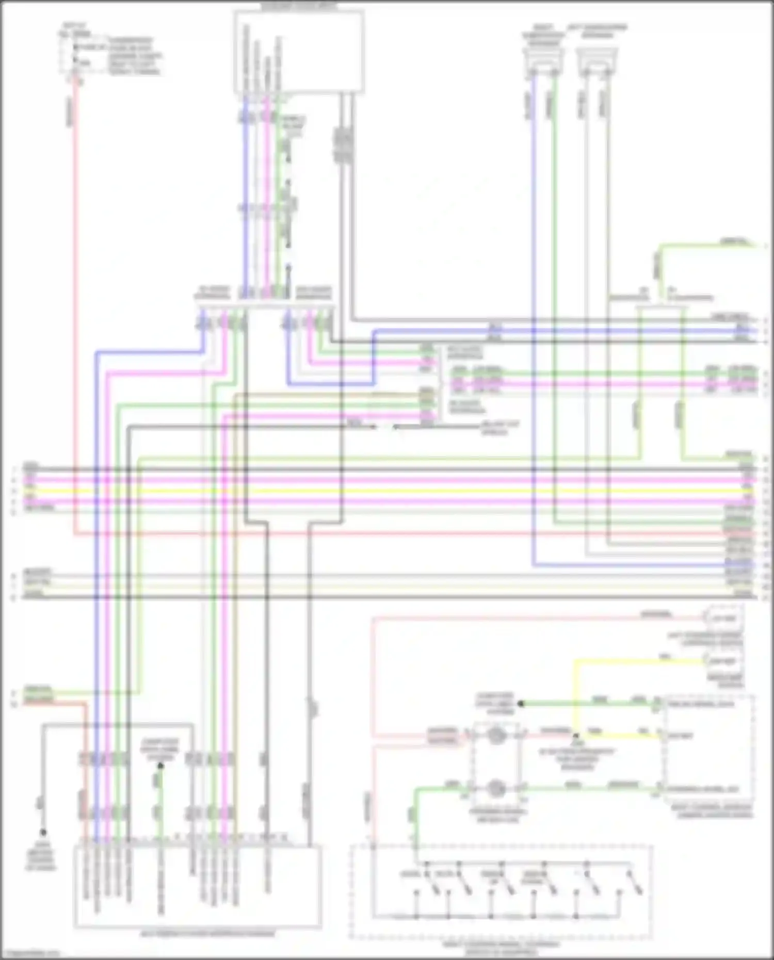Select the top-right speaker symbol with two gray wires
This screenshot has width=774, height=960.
(598, 62)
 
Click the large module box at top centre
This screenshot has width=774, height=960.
(299, 52)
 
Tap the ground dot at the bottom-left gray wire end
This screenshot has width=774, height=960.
(43, 832)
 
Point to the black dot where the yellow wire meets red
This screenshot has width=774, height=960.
(576, 736)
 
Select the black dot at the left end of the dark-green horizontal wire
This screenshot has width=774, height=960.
(521, 704)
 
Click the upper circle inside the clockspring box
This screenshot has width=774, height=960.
(496, 736)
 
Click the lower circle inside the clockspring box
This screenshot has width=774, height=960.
(496, 788)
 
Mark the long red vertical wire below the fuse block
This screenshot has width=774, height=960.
(75, 310)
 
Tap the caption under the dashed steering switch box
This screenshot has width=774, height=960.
(501, 947)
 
